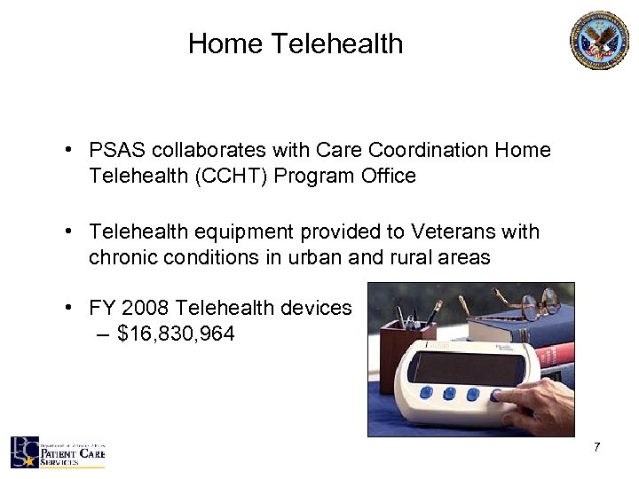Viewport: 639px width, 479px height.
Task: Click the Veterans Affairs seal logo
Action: click(x=598, y=41)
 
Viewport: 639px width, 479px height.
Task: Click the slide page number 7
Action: click(x=597, y=446)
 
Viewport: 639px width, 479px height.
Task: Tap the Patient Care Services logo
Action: click(x=58, y=452)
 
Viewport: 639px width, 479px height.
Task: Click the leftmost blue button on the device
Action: click(x=427, y=391)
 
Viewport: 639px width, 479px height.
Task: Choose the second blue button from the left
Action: click(x=451, y=393)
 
